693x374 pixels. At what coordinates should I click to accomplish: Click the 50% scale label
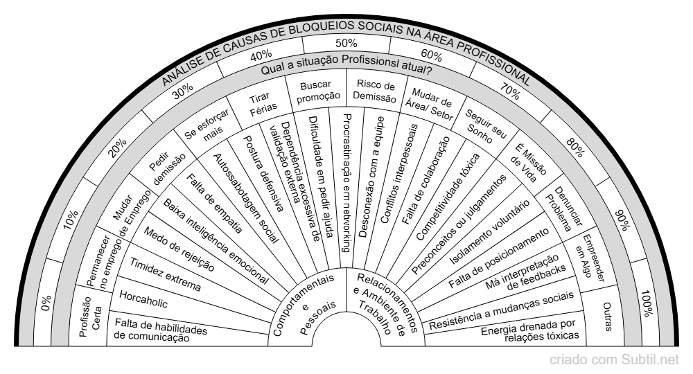(346, 43)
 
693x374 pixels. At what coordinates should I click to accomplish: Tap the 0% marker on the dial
(46, 303)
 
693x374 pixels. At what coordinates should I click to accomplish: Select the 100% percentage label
(647, 303)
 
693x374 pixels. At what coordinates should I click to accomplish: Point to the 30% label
(182, 91)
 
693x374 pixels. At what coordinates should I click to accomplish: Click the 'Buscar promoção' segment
(317, 91)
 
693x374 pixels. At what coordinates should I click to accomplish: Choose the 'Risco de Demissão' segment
(375, 91)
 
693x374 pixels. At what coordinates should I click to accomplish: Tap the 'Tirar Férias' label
(262, 104)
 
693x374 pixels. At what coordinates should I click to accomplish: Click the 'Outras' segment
(608, 317)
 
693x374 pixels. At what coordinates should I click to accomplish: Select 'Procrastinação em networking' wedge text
(347, 183)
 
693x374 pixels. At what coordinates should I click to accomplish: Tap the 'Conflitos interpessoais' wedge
(400, 173)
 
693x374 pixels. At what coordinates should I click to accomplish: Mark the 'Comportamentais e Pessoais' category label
(304, 305)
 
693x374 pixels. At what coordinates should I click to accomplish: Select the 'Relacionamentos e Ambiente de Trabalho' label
(385, 304)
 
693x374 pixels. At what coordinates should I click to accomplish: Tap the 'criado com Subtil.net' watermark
(614, 360)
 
